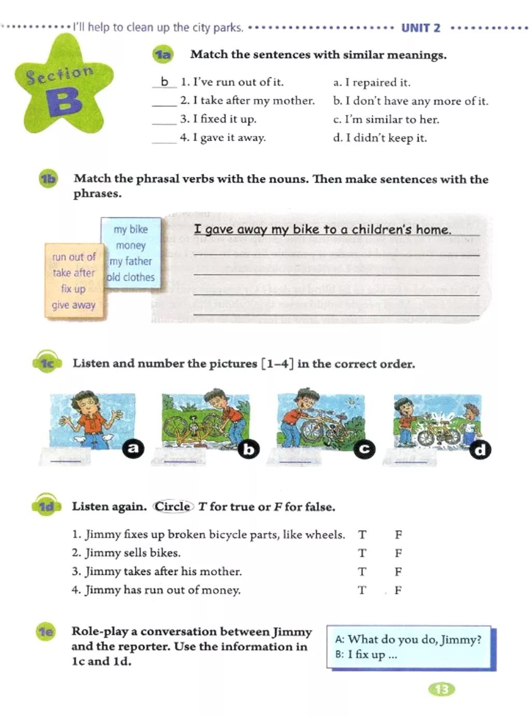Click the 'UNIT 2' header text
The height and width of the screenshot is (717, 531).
[x=421, y=28]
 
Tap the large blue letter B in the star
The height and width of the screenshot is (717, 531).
[x=64, y=101]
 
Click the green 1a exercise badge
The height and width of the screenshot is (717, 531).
[x=163, y=54]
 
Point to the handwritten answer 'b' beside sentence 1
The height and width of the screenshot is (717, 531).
[x=164, y=81]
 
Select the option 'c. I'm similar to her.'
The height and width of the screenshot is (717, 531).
[x=386, y=119]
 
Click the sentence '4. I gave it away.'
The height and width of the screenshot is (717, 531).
[x=222, y=138]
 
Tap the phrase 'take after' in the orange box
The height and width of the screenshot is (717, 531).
[x=74, y=273]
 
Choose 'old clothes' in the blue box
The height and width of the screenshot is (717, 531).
[x=131, y=278]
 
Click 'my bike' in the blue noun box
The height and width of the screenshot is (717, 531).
[x=131, y=229]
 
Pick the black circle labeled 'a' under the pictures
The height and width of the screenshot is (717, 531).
[x=133, y=448]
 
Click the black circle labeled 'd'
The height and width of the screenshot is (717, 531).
[x=480, y=450]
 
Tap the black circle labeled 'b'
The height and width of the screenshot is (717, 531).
[x=249, y=449]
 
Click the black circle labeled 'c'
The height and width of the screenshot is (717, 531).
[x=364, y=449]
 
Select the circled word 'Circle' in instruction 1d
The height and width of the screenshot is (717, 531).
[x=173, y=506]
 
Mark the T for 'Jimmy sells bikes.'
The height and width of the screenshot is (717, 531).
[x=362, y=553]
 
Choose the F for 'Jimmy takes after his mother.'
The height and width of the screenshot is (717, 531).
[x=398, y=572]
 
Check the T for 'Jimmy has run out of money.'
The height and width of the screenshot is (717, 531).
[x=362, y=590]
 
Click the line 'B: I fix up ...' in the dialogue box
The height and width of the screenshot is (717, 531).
[x=366, y=655]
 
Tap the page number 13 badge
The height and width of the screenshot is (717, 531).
[x=441, y=690]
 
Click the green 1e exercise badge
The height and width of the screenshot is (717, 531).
[x=46, y=631]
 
